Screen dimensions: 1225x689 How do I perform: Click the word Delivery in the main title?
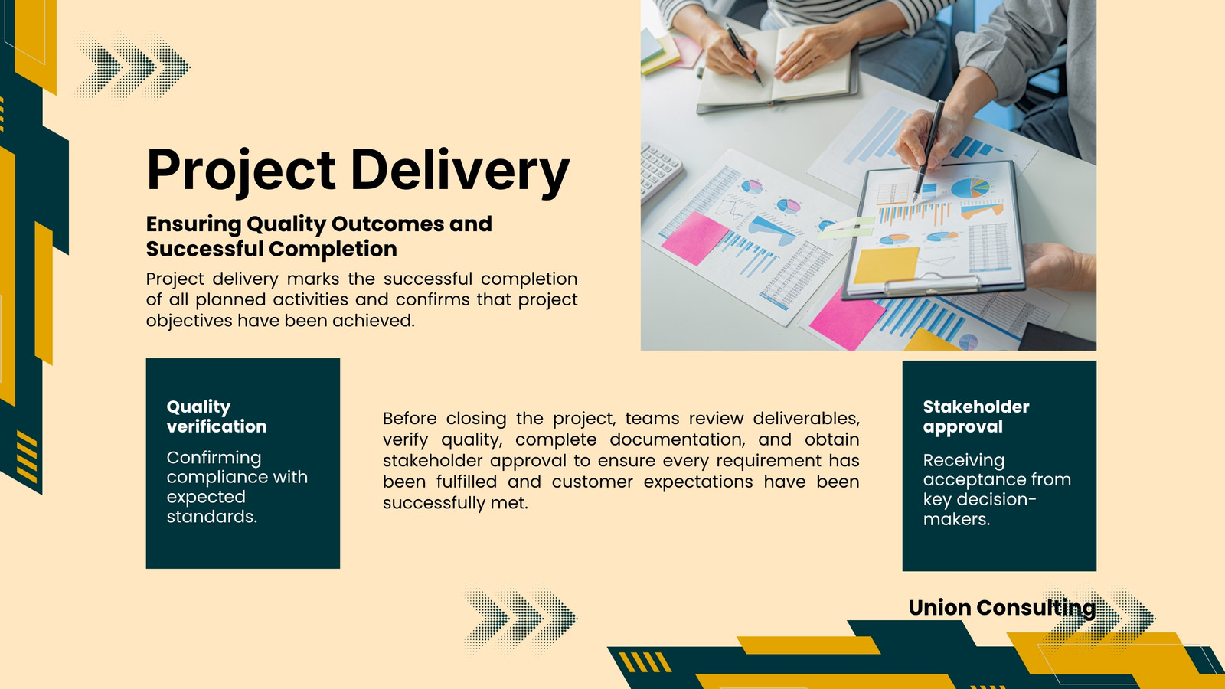point(460,170)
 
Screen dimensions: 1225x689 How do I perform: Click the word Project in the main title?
point(241,171)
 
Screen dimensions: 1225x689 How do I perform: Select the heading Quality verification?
point(217,416)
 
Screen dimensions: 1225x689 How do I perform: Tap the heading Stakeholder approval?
point(976,416)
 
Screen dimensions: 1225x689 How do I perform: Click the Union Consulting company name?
point(1002,608)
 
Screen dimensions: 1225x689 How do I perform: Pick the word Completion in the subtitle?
point(332,250)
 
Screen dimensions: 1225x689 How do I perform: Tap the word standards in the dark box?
point(211,516)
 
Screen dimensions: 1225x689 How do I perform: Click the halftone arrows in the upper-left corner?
point(133,68)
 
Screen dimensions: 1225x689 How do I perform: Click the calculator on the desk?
point(661,171)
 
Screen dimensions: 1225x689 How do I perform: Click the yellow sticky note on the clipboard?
point(886,265)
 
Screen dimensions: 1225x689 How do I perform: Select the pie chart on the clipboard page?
point(970,188)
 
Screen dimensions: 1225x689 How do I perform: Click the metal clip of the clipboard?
point(931,283)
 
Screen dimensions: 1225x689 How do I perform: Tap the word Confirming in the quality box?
point(214,458)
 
